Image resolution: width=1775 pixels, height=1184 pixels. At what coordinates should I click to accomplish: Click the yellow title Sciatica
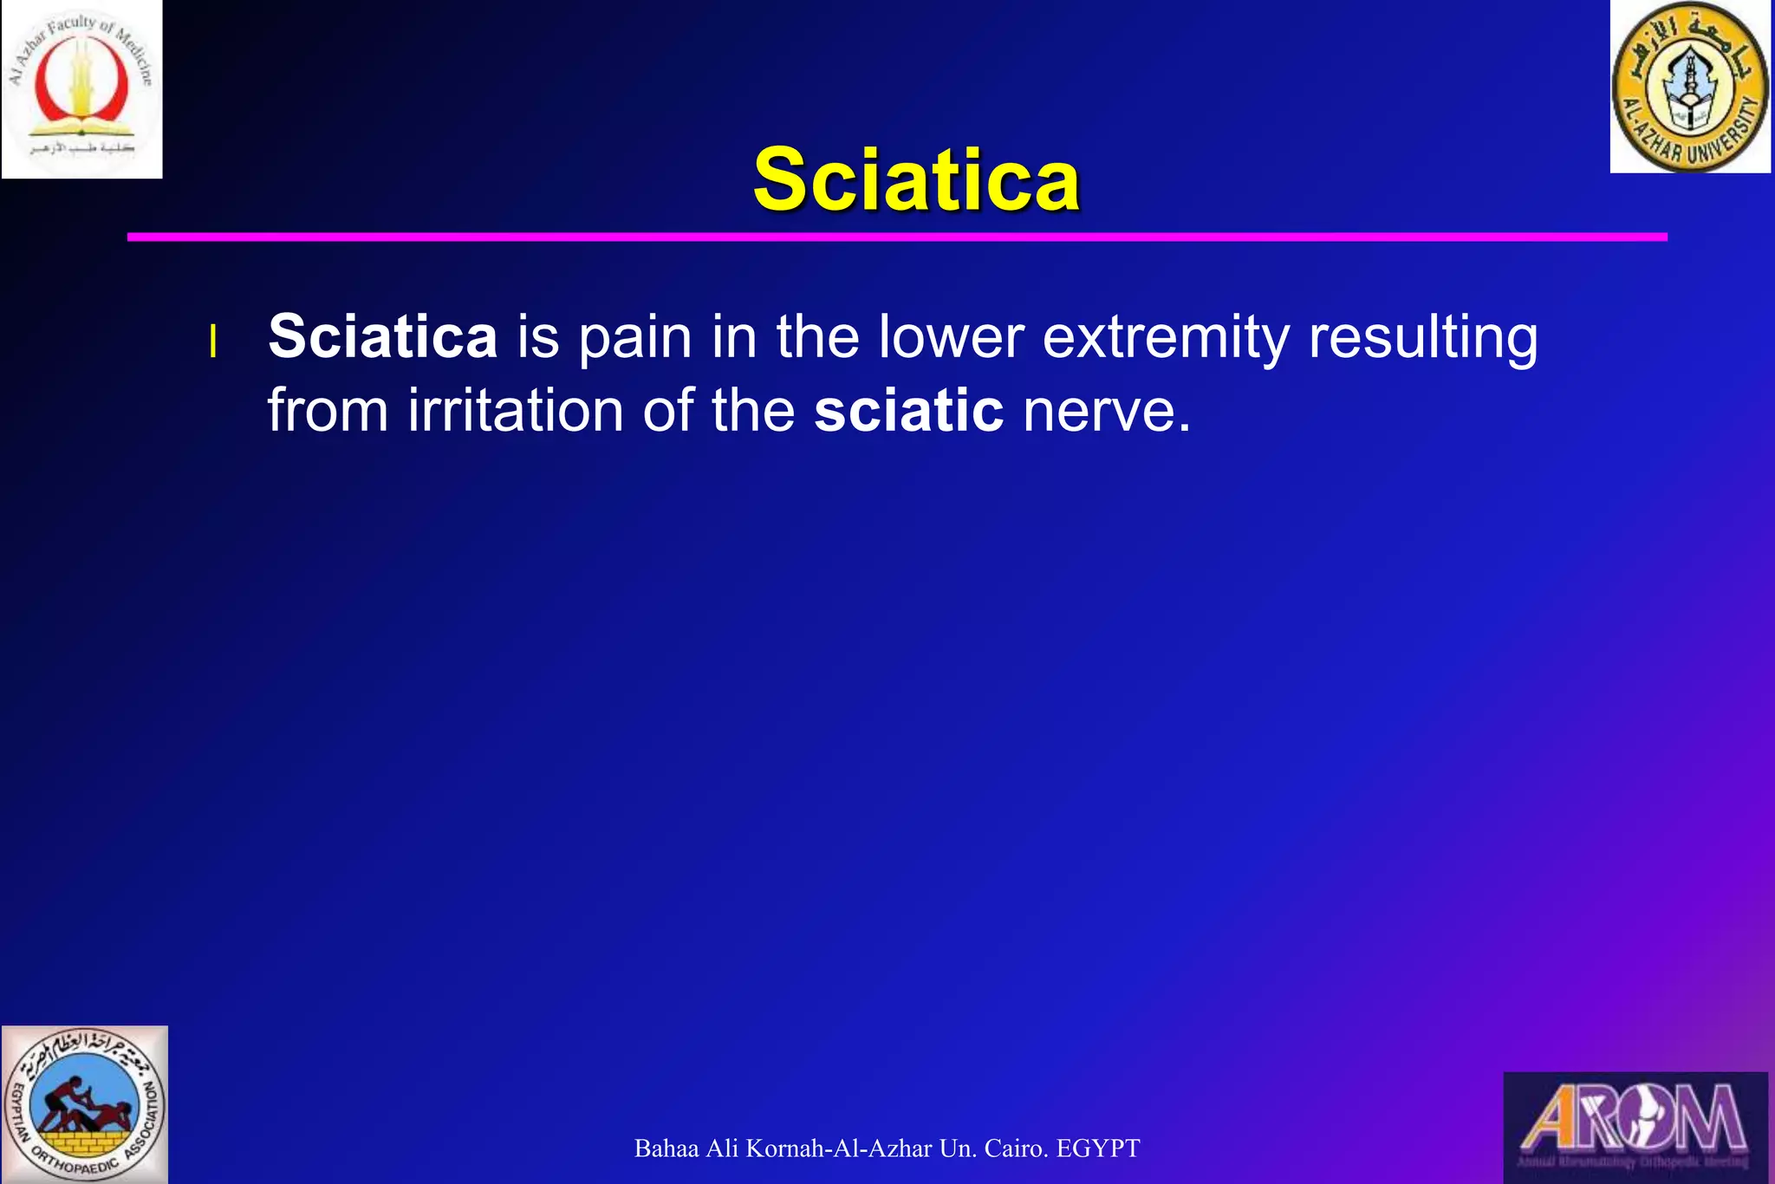tap(916, 179)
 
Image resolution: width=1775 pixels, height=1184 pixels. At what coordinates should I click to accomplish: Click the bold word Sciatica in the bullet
tap(382, 336)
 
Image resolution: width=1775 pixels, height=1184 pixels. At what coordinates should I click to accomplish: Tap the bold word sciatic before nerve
tap(908, 410)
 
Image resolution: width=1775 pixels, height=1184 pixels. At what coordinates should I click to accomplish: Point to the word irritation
tap(515, 410)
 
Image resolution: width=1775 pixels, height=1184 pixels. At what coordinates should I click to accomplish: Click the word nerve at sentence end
tap(1106, 412)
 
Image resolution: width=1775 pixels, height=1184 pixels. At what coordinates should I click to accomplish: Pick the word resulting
tap(1422, 338)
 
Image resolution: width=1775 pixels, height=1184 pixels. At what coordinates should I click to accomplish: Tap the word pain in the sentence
tap(635, 338)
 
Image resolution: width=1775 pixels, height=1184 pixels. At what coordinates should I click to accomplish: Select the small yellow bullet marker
tap(212, 342)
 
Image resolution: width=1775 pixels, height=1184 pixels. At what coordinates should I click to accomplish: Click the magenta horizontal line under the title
tap(897, 237)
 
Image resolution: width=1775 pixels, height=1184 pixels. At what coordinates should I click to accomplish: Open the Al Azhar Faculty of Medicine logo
tap(81, 89)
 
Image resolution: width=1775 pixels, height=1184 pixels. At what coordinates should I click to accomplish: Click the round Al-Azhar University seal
tap(1689, 86)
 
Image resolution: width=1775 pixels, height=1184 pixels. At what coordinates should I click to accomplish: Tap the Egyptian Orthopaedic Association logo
tap(84, 1104)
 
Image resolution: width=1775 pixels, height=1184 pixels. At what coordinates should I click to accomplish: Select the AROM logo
tap(1635, 1126)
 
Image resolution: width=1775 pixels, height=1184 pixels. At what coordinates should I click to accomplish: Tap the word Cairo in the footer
tap(1017, 1148)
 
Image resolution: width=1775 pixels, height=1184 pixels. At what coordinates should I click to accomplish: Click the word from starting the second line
tap(328, 410)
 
